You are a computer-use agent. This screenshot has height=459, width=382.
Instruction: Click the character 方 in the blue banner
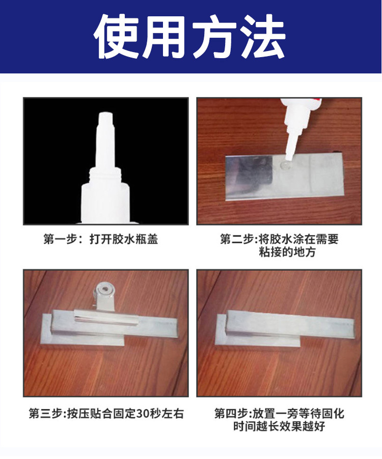tap(215, 37)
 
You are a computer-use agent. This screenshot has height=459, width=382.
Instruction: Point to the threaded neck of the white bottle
tap(105, 175)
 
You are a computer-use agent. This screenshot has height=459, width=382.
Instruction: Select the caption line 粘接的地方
tap(287, 251)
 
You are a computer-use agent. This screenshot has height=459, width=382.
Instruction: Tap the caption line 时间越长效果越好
tap(279, 426)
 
